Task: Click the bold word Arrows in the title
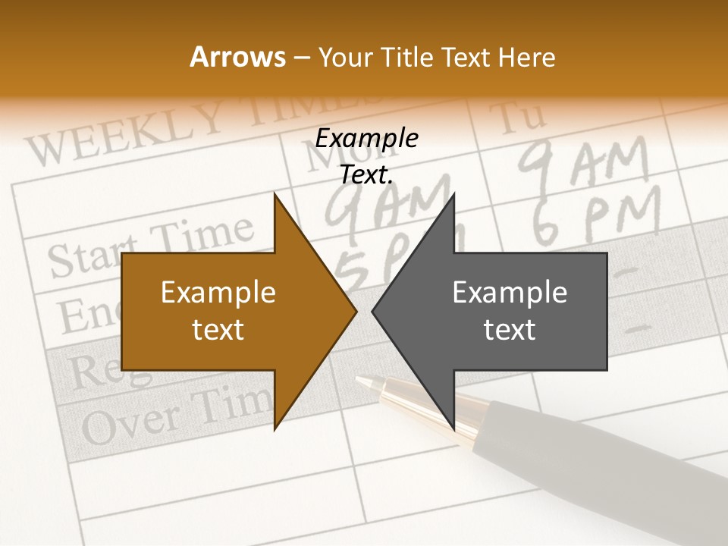[237, 57]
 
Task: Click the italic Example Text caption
[367, 156]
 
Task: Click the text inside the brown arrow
[218, 311]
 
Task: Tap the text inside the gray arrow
[510, 311]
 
